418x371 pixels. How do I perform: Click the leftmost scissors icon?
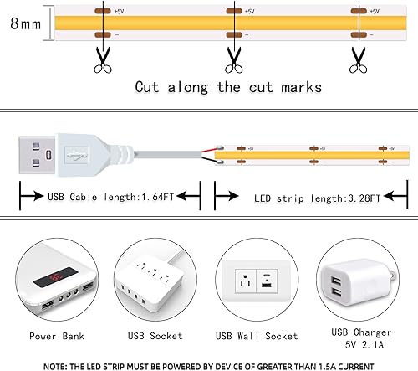[x=102, y=58]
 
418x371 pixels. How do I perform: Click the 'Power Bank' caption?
[x=54, y=337]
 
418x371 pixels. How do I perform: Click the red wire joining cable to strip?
[x=206, y=152]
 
